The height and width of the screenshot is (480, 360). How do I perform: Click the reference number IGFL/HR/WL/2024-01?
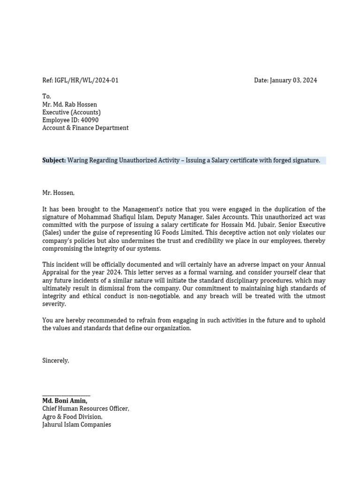pos(87,80)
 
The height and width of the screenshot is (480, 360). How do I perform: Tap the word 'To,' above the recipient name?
pos(47,96)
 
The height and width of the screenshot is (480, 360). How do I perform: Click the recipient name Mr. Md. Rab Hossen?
pos(70,104)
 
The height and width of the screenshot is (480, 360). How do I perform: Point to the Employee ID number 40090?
pos(90,120)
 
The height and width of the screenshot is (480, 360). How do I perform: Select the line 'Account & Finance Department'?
pos(85,128)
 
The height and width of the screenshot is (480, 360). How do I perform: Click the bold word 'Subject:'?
pos(54,160)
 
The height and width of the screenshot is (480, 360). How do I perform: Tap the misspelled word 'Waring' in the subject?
pos(77,160)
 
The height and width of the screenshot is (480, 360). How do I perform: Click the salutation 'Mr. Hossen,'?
pos(59,192)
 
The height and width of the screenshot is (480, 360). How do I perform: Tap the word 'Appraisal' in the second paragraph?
pos(57,272)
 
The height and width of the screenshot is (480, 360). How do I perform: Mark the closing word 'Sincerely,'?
pos(56,360)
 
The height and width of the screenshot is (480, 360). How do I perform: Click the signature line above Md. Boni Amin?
pos(66,396)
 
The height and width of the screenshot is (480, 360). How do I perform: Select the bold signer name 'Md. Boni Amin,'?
pos(65,401)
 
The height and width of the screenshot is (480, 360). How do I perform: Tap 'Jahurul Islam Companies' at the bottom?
pos(77,425)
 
